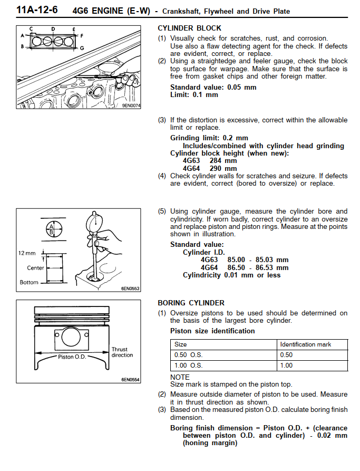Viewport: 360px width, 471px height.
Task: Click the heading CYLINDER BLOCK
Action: pos(189,28)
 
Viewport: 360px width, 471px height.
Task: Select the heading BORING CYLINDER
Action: pos(191,303)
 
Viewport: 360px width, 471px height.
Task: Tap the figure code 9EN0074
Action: pos(131,105)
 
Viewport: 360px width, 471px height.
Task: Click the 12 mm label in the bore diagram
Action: pos(27,253)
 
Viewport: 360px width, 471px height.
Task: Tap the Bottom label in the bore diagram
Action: pos(29,282)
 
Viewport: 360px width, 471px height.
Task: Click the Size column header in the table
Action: pos(180,344)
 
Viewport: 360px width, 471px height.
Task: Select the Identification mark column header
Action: pos(306,344)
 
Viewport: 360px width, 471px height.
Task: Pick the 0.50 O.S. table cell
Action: pos(188,355)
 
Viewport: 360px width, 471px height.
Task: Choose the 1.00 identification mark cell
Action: pos(287,366)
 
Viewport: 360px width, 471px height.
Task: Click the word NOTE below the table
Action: pos(180,377)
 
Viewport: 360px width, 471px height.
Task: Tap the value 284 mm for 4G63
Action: pos(223,161)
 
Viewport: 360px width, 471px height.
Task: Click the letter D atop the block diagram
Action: pos(53,29)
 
